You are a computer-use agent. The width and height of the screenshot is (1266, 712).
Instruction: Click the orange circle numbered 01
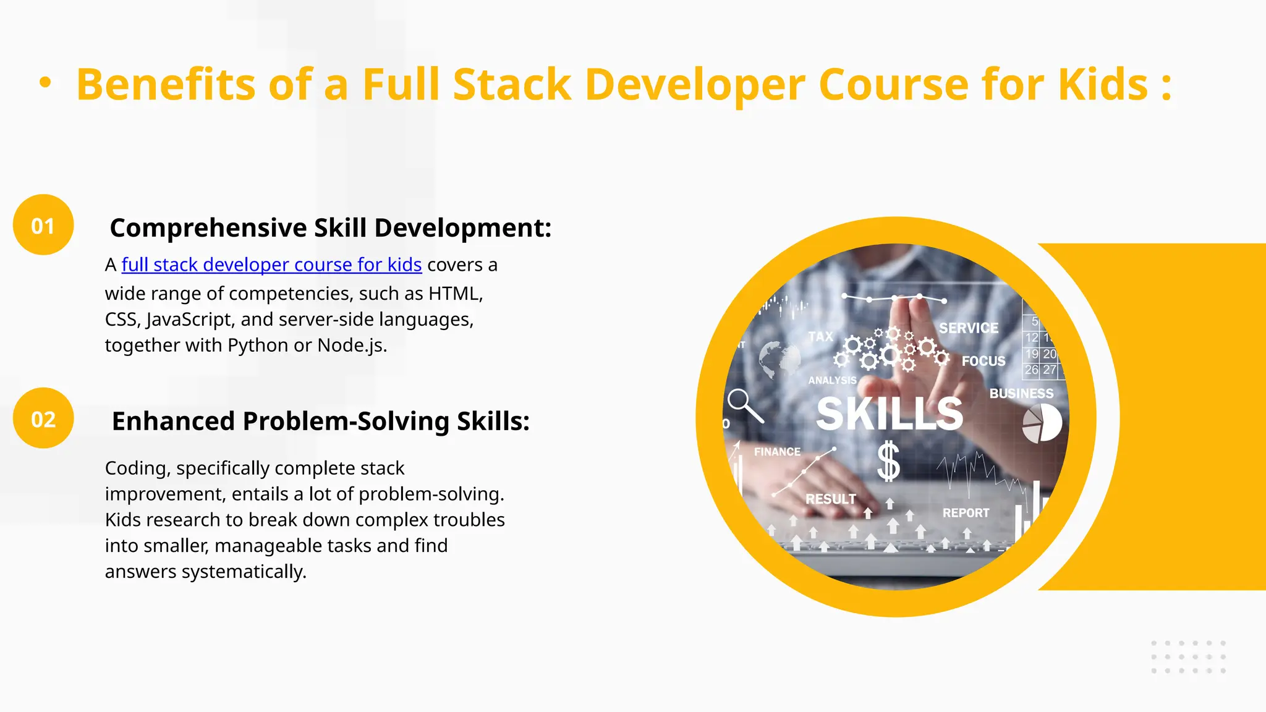tap(43, 225)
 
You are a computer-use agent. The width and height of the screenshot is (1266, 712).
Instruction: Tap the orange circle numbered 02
tap(43, 418)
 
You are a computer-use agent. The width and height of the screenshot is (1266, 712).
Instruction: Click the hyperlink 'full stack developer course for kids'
tap(271, 265)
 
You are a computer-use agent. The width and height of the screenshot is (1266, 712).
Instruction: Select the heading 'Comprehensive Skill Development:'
tap(330, 227)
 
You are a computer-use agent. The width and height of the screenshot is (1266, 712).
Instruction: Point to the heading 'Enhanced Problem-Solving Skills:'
tap(320, 421)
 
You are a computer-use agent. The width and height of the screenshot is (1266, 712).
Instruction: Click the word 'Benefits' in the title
tap(166, 84)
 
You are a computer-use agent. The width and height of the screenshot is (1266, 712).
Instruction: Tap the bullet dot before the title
tap(45, 82)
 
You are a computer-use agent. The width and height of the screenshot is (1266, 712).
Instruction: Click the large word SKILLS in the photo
tap(890, 413)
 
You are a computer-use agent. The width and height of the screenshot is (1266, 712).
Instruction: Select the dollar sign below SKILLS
tap(888, 461)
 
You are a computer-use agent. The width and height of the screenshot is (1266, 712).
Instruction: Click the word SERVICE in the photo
tap(969, 328)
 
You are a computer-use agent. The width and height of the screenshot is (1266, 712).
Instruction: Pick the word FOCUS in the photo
tap(983, 361)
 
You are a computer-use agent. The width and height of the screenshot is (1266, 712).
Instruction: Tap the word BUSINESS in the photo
tap(1021, 394)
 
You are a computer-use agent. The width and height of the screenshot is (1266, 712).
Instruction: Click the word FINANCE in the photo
tap(777, 452)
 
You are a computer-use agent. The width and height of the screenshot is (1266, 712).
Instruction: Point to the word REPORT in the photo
tap(966, 513)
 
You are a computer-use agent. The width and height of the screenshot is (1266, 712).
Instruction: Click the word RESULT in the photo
tap(831, 499)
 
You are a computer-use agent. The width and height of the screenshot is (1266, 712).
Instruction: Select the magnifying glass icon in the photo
tap(744, 405)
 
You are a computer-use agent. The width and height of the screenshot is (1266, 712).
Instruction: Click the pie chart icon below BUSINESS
tap(1042, 423)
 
